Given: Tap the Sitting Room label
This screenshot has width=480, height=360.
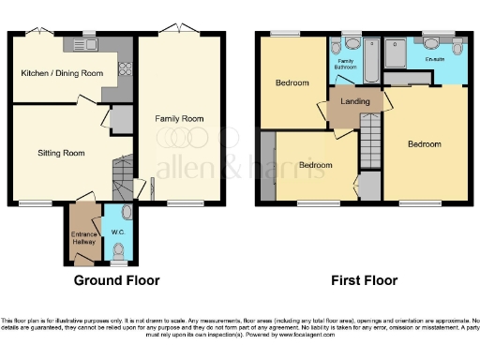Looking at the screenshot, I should pyautogui.click(x=61, y=152).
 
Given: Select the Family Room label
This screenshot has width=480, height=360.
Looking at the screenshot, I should pyautogui.click(x=179, y=119).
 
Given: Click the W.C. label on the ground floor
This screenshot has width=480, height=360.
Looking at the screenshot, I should pyautogui.click(x=118, y=232).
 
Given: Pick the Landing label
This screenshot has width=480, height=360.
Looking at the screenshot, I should pyautogui.click(x=352, y=102).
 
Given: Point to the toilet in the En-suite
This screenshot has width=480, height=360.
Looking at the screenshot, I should pyautogui.click(x=433, y=43).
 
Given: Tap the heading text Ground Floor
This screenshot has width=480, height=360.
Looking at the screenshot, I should pyautogui.click(x=117, y=280).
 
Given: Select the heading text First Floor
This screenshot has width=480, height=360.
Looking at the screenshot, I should pyautogui.click(x=365, y=280).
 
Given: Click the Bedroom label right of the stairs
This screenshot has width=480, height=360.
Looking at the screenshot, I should pyautogui.click(x=424, y=143).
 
